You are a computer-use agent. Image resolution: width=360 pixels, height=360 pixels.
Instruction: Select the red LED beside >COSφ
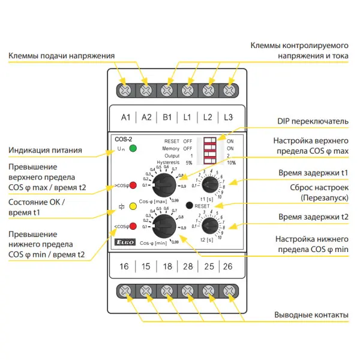click(x=133, y=185)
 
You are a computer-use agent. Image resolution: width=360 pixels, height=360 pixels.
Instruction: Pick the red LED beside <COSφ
click(x=133, y=226)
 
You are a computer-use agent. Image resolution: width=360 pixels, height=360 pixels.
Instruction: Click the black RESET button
click(x=190, y=205)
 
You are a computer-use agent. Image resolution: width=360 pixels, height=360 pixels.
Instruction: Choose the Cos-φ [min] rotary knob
click(x=164, y=226)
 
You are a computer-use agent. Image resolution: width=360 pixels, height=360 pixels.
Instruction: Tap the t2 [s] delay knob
click(x=210, y=226)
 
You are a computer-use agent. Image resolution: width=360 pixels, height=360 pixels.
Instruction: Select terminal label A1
click(x=125, y=116)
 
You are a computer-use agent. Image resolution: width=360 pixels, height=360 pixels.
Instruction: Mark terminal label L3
click(x=229, y=116)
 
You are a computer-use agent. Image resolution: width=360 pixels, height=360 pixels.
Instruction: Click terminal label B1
click(x=167, y=116)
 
